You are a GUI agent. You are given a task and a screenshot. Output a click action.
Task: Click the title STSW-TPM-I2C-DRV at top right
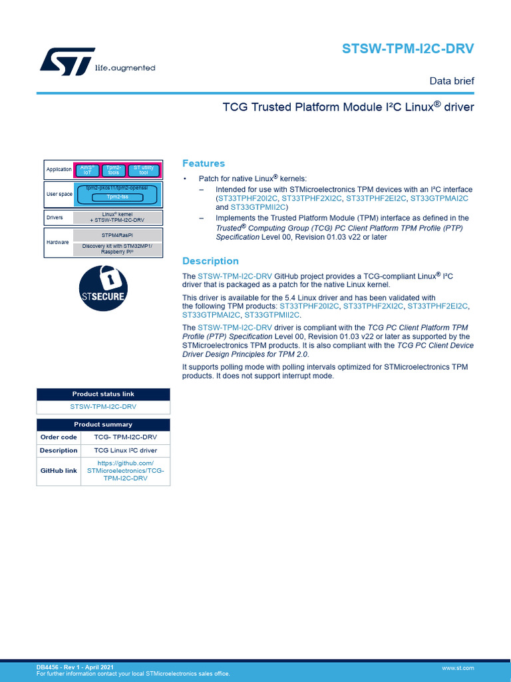(x=408, y=49)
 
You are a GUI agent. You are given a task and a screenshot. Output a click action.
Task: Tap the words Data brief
(x=451, y=81)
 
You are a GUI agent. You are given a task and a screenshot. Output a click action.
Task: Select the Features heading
(x=204, y=163)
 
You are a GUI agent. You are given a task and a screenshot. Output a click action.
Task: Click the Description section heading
(x=210, y=261)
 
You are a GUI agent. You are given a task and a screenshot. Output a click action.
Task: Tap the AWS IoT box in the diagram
(x=86, y=170)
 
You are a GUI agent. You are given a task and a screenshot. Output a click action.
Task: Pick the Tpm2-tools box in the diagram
(x=114, y=170)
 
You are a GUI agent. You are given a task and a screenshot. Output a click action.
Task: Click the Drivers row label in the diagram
(x=55, y=218)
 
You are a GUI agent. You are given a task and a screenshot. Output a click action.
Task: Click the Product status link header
(x=103, y=394)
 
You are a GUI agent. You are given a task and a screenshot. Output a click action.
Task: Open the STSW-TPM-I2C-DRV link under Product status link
(x=103, y=406)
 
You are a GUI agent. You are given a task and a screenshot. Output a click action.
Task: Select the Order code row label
(x=59, y=438)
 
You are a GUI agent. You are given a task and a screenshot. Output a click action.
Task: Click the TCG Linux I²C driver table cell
(x=125, y=450)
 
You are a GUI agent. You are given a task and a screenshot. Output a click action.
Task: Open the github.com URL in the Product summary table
(x=125, y=470)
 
